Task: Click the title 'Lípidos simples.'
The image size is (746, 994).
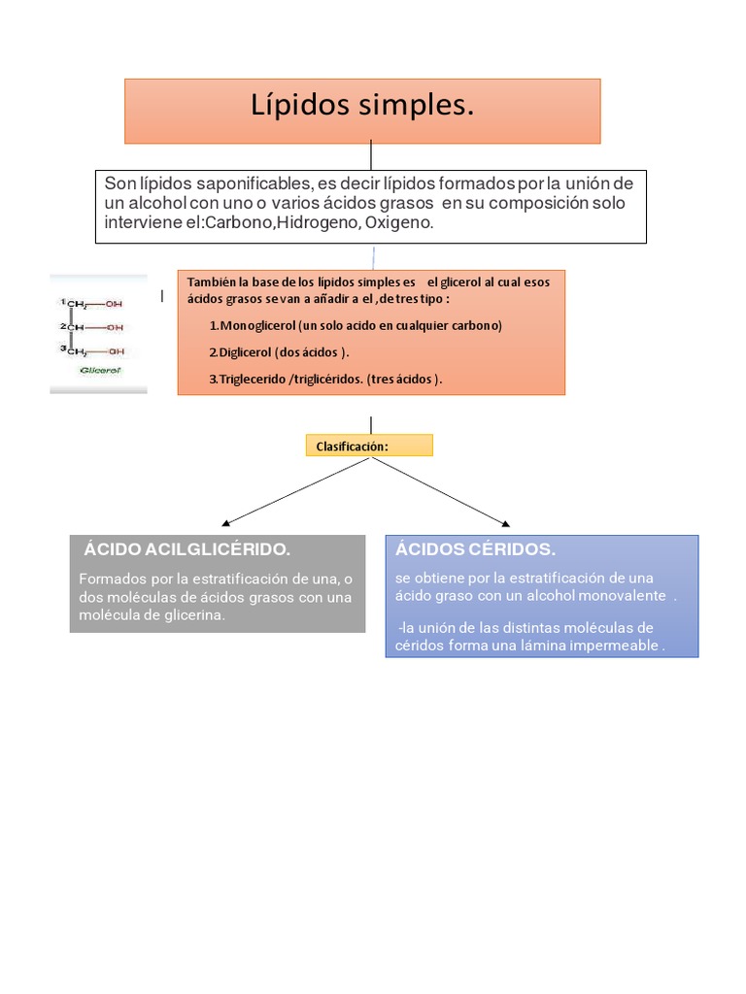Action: point(362,105)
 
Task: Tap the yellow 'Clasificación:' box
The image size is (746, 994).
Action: point(369,445)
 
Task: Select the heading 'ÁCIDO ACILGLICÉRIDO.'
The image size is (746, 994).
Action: point(187,549)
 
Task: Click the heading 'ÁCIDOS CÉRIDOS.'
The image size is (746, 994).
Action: point(475,549)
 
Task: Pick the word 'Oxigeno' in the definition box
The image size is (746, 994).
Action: point(399,222)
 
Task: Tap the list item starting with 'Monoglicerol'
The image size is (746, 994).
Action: point(356,326)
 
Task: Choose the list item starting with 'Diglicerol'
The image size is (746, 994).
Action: point(279,352)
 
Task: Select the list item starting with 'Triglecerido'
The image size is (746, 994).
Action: point(325,380)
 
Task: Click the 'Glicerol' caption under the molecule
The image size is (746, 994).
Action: point(100,370)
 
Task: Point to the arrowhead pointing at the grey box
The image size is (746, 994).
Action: point(225,523)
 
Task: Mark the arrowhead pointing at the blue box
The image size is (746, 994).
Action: point(505,523)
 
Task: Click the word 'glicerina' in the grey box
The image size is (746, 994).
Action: point(194,614)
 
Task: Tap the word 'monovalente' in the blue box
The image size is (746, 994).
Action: point(623,596)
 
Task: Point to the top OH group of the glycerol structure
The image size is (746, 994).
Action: point(114,304)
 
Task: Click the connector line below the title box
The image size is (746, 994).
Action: point(371,156)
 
